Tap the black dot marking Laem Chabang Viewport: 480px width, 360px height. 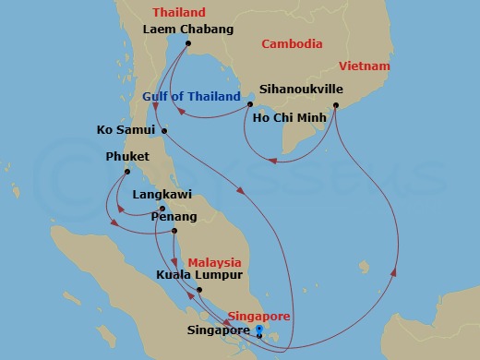(x=187, y=43)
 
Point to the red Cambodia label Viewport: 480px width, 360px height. (x=292, y=43)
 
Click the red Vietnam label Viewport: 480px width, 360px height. (x=364, y=66)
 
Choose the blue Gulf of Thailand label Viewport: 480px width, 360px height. (x=192, y=96)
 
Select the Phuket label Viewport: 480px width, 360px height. (x=127, y=157)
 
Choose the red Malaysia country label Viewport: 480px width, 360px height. (x=215, y=262)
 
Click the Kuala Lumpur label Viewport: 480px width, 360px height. (x=199, y=275)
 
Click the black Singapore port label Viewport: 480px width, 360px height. (x=218, y=330)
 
